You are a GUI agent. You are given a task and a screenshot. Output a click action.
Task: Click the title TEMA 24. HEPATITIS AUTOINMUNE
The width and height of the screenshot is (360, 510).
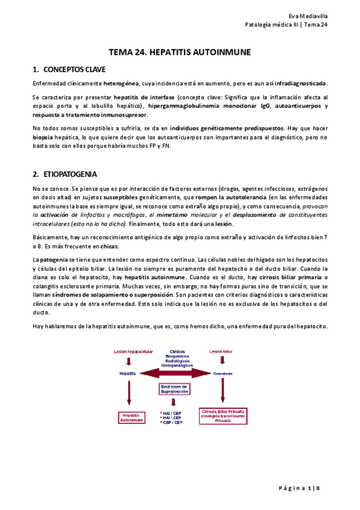(x=180, y=53)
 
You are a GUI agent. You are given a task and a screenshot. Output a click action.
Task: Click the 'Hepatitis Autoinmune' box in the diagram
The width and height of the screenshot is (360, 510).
(x=130, y=417)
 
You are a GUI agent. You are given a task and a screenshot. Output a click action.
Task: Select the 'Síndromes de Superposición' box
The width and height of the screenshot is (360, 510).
(x=174, y=389)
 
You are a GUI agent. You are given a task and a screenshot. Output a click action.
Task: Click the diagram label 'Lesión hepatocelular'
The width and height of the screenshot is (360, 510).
(x=129, y=351)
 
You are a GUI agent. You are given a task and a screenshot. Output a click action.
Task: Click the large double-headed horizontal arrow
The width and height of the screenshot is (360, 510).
(x=174, y=373)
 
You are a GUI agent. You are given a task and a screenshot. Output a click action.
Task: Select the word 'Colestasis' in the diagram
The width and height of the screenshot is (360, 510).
(x=222, y=373)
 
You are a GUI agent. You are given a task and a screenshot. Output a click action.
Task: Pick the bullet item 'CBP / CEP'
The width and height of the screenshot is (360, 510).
(x=172, y=423)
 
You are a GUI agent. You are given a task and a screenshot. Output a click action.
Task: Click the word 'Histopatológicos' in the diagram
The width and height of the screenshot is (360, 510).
(x=175, y=365)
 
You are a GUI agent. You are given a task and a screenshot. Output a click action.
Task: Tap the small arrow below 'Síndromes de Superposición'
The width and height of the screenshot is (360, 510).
(x=173, y=402)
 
